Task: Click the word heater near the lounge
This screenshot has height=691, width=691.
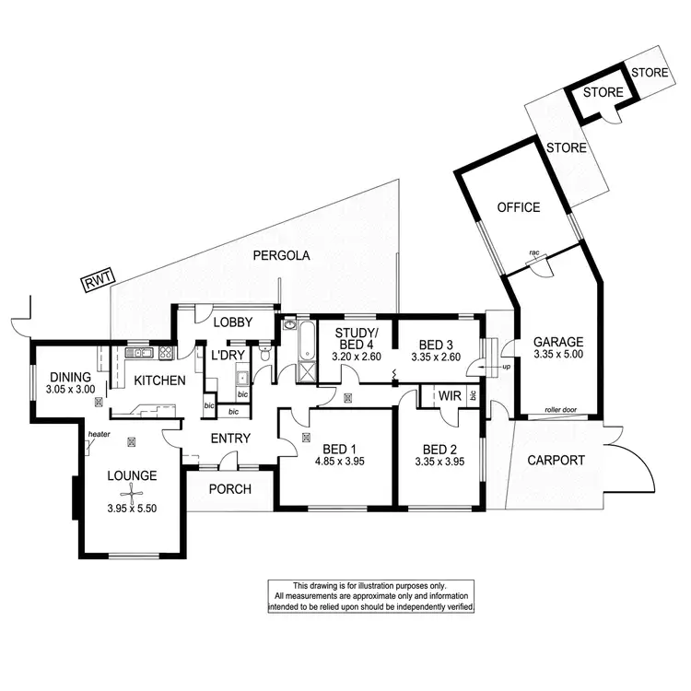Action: tap(100, 435)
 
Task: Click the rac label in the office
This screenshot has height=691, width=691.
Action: tap(533, 252)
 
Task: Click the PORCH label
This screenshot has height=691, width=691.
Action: tap(229, 488)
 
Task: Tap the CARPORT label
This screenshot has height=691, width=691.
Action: tap(556, 460)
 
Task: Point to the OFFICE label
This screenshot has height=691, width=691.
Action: tap(518, 207)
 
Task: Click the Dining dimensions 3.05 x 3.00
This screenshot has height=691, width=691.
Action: tap(71, 390)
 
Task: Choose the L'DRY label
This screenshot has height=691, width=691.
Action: tap(227, 355)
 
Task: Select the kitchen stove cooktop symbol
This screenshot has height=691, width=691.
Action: tap(166, 352)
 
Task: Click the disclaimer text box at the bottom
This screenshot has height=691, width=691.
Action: tap(371, 596)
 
